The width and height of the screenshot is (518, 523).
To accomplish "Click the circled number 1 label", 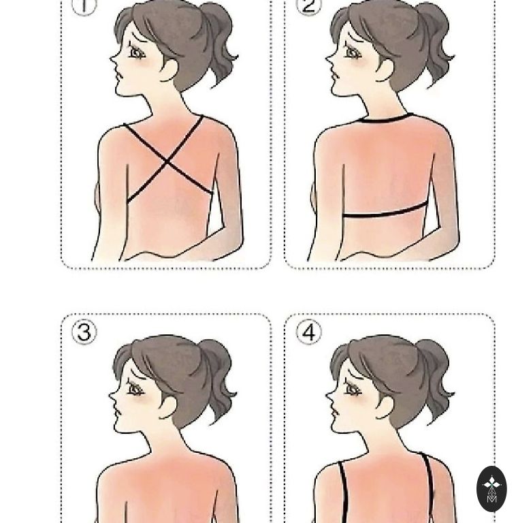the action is [84, 6].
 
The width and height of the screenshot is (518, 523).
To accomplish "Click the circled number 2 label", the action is [309, 6].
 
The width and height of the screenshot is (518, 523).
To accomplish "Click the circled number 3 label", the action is [84, 332].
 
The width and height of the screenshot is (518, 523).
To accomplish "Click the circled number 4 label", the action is [309, 332].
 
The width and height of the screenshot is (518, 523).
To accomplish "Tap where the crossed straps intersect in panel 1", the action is [167, 162].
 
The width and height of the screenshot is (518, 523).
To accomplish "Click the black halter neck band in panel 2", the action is [387, 119].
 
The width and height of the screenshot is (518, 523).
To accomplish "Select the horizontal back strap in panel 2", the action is [385, 212].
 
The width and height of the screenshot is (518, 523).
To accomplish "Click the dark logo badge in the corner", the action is [491, 489].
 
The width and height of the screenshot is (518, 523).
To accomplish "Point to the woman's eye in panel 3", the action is [135, 389].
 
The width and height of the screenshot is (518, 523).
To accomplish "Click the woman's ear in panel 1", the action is [169, 69].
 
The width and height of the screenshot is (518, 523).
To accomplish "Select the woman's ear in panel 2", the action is [385, 69].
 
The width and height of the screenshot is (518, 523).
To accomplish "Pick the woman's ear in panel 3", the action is [168, 407].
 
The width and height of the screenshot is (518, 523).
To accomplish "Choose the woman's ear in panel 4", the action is [385, 407].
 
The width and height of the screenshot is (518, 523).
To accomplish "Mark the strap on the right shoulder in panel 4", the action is [430, 488].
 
